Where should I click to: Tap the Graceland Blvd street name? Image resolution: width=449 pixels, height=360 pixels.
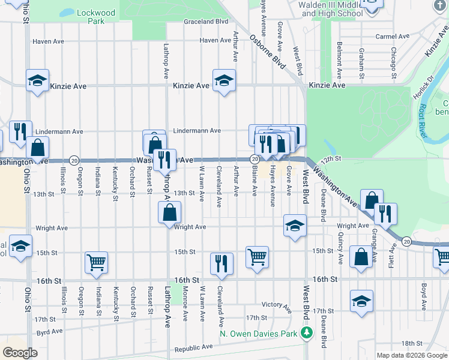(206, 21)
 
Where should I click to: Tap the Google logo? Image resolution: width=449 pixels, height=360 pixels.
(20, 353)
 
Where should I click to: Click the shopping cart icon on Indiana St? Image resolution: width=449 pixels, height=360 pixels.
(96, 262)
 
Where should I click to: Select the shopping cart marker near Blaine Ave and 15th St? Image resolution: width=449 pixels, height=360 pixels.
(257, 257)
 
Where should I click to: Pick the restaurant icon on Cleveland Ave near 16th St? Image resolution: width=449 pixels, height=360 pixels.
(221, 263)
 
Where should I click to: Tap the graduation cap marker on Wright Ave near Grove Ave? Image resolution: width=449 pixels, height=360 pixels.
(295, 226)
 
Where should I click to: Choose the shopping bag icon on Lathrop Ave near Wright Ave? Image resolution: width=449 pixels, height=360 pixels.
(170, 212)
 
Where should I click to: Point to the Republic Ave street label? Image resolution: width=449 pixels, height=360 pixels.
(193, 347)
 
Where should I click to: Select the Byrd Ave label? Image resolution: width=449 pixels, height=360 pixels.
(49, 331)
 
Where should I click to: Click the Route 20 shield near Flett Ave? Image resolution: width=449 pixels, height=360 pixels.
(406, 241)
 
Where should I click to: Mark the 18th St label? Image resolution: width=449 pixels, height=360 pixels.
(412, 343)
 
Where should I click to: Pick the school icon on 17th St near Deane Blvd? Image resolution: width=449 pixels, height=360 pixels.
(361, 301)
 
